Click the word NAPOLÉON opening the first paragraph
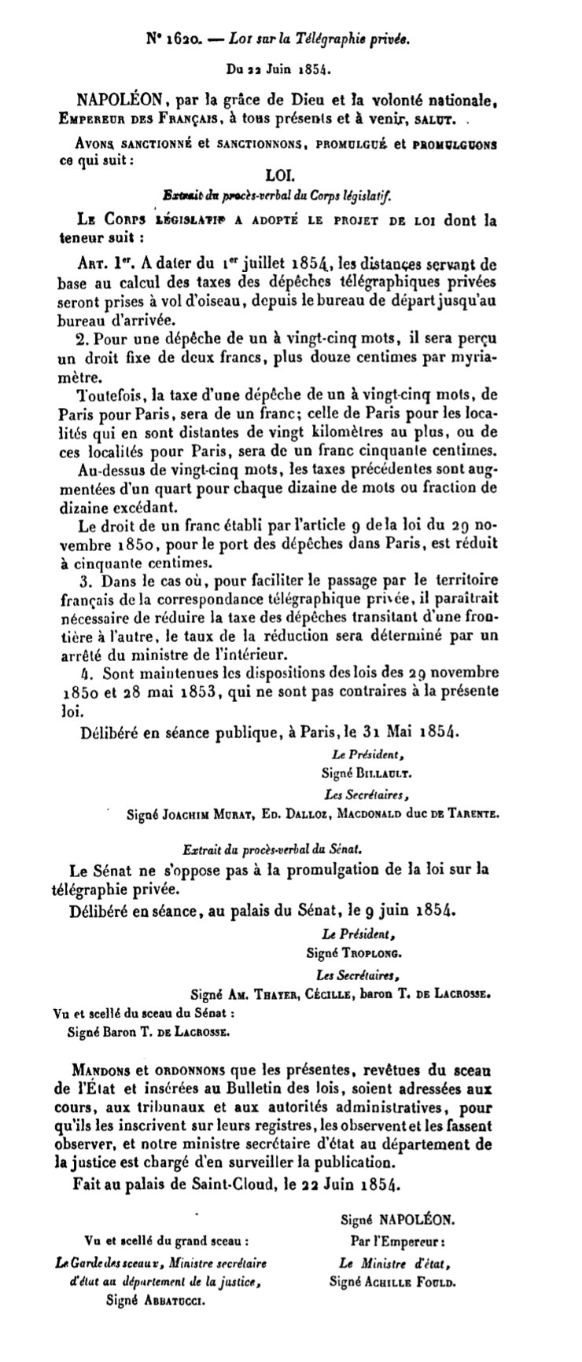coord(120,100)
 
